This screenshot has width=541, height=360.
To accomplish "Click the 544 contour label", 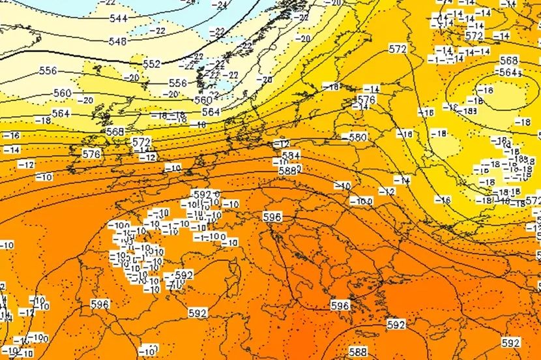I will (x=118, y=18).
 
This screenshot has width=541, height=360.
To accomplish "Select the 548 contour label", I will (x=118, y=42).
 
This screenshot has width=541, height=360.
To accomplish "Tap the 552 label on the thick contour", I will (x=151, y=64).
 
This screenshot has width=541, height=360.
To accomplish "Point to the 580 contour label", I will (x=357, y=138).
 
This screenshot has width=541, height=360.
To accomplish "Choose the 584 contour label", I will (x=291, y=156).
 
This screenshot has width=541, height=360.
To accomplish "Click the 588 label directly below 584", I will (x=287, y=170).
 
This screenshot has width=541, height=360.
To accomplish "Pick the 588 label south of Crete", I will (x=358, y=351).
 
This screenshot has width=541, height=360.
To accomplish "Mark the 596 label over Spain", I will (x=99, y=305).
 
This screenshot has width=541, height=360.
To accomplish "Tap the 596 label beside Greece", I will (x=340, y=305).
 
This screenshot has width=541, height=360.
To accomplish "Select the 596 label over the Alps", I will (x=272, y=217).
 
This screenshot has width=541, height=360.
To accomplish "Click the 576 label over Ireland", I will (x=91, y=153).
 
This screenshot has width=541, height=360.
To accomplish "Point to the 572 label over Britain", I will (x=141, y=142).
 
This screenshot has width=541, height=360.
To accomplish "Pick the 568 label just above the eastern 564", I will (x=508, y=61).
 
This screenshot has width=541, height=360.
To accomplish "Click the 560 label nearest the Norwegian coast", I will (x=203, y=100).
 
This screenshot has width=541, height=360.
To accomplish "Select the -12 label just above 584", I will (x=282, y=143).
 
